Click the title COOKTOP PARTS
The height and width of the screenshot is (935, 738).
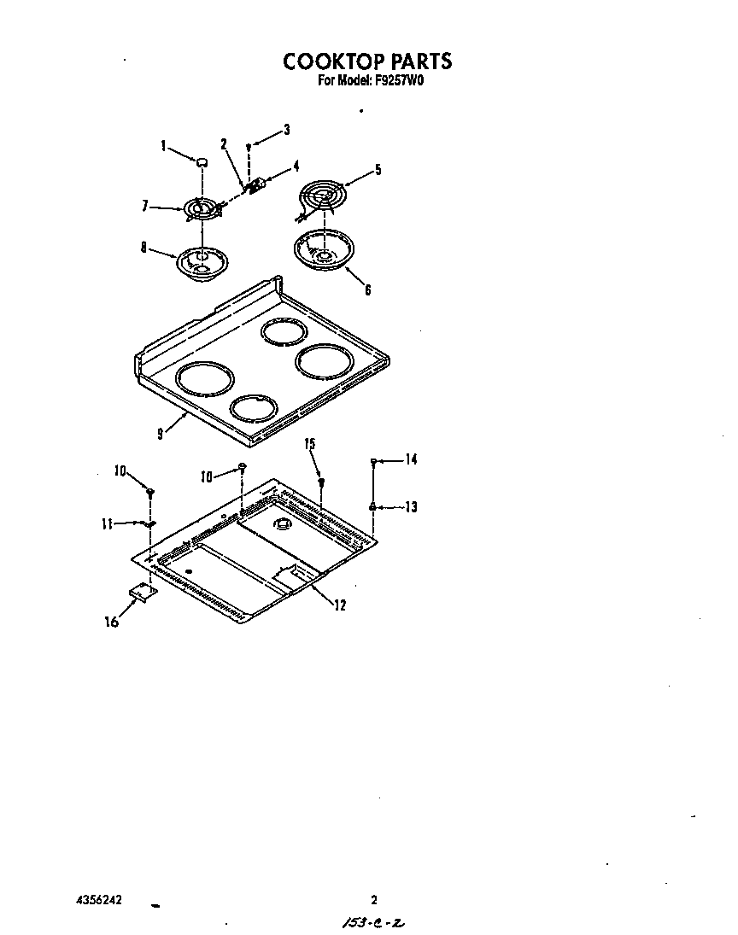point(366,61)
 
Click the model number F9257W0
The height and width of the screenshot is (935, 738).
point(400,82)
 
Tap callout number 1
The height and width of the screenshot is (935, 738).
point(163,145)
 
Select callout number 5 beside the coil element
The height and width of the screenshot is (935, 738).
point(378,169)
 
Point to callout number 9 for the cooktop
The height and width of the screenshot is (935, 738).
point(160,433)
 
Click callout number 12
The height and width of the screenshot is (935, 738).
point(339,605)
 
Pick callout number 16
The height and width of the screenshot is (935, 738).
point(111,622)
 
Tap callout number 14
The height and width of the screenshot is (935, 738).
point(411,459)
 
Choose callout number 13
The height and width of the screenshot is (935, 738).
point(411,507)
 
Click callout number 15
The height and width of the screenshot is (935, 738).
point(310,444)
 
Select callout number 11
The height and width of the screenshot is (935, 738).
point(107,523)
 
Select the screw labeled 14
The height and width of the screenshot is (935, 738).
point(374,461)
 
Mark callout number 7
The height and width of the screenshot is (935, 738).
point(145,205)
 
